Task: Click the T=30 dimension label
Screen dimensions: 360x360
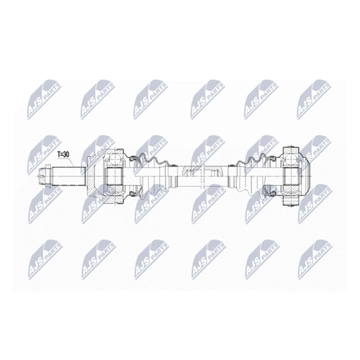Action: click(63, 155)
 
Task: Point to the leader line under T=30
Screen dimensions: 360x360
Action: click(69, 163)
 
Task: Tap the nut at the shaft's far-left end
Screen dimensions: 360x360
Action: click(45, 176)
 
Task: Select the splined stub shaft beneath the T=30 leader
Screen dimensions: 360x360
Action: click(68, 176)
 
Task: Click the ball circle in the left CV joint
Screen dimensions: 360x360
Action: click(114, 159)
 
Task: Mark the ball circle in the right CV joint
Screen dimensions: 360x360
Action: click(290, 158)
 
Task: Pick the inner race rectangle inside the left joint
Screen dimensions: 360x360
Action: click(114, 176)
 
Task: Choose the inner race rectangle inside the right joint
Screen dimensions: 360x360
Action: click(291, 176)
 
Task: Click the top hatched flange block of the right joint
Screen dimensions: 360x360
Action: click(290, 152)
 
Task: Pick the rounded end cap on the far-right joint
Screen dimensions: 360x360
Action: click(304, 176)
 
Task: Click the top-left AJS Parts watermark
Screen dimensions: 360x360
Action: click(45, 99)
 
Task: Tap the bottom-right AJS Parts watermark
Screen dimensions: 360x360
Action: click(315, 260)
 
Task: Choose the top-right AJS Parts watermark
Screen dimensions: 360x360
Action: click(314, 99)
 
